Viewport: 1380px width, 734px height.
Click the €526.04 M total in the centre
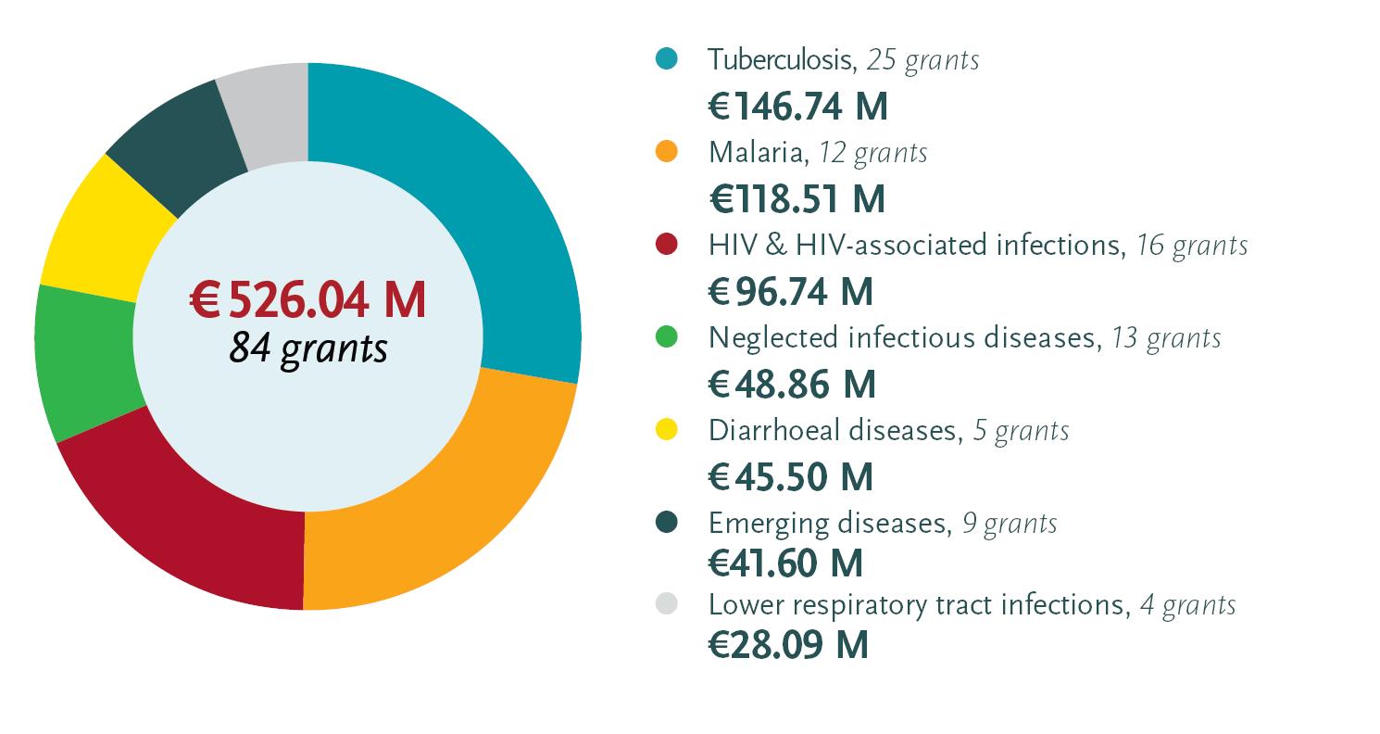click(x=307, y=300)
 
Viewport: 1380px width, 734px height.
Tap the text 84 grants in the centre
click(x=307, y=349)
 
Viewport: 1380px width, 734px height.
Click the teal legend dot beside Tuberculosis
click(x=666, y=58)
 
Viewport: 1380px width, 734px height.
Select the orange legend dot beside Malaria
click(x=666, y=151)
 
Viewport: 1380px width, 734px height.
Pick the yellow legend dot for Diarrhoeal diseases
click(x=666, y=429)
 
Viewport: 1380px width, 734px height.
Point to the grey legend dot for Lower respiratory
click(x=666, y=604)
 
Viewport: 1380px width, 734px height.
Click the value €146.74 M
click(x=798, y=108)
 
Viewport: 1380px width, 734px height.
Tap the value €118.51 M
click(x=797, y=199)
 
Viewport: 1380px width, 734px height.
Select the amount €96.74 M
click(x=791, y=292)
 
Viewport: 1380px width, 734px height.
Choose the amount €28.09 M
click(x=789, y=646)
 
